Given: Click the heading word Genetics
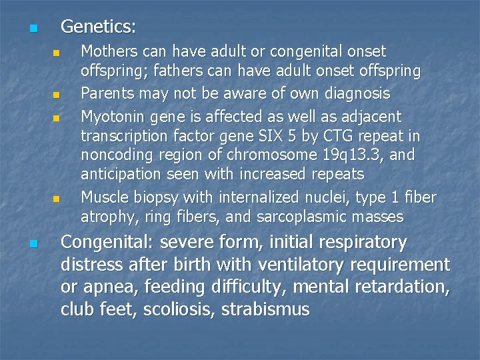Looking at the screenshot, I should (x=98, y=27).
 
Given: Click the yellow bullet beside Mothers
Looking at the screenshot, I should (x=57, y=53).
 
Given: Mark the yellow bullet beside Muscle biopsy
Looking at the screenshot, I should (x=57, y=198).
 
